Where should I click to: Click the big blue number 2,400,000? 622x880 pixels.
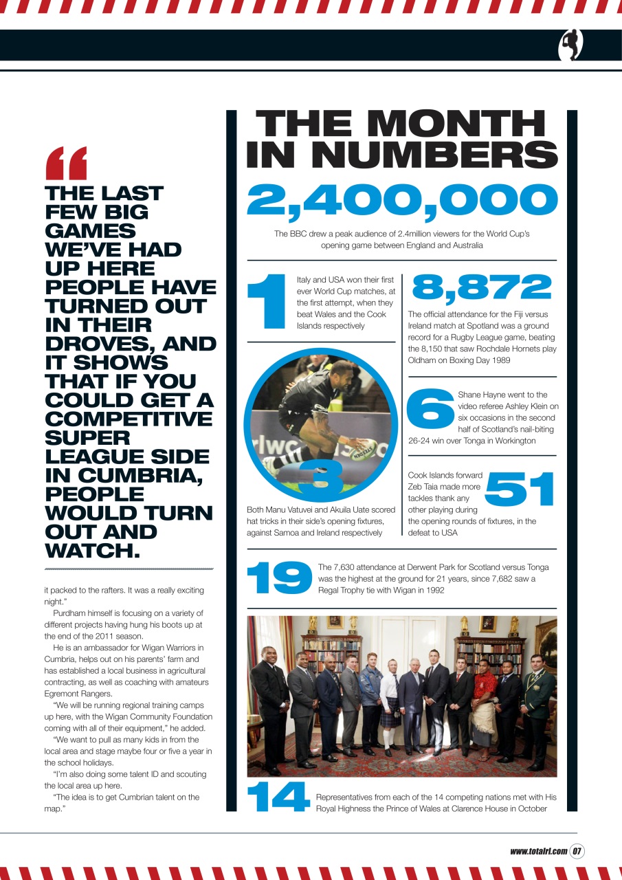402,199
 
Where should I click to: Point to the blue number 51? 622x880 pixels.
520,489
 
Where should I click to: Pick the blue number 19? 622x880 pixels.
279,577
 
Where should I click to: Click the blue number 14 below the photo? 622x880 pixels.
278,799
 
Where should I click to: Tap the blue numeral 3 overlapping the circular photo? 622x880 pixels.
320,478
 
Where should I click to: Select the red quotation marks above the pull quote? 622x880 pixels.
66,163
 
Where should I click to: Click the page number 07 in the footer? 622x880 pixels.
577,851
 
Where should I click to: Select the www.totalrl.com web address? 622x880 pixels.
538,851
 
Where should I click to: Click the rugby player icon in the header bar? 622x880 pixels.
570,45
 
